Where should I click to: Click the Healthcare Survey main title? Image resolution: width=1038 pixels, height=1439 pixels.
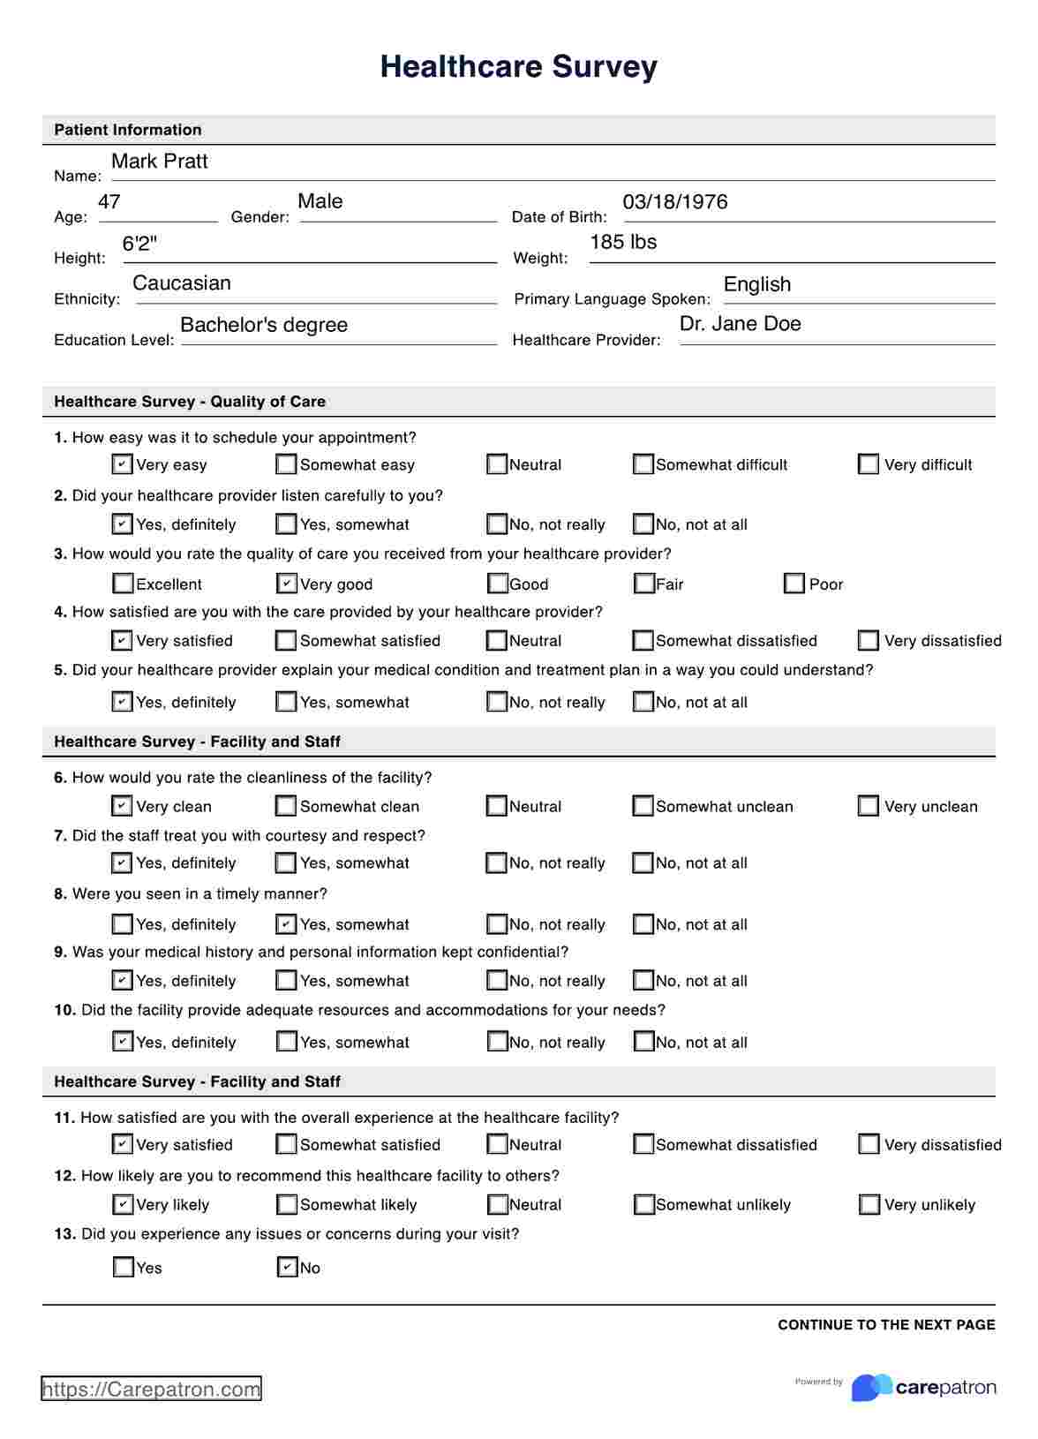[x=518, y=67]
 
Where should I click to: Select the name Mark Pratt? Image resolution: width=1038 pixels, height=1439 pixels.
[x=160, y=162]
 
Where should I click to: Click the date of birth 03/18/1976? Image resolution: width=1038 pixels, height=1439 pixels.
[x=675, y=202]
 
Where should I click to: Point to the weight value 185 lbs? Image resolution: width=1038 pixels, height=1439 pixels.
[x=623, y=242]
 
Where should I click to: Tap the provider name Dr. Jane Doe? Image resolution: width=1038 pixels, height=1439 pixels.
[x=740, y=324]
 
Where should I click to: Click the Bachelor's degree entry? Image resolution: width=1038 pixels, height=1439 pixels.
[x=263, y=325]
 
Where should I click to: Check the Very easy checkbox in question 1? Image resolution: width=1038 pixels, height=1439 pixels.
[x=123, y=464]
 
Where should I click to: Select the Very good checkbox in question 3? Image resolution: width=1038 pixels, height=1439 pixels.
[x=287, y=584]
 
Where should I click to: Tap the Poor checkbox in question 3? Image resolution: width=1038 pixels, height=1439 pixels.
[x=794, y=584]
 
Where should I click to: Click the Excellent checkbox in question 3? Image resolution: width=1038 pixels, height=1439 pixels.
[x=123, y=584]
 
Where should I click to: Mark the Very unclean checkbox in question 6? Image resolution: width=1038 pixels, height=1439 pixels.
[x=869, y=806]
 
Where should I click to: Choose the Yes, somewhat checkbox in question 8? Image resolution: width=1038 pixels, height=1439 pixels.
[x=287, y=924]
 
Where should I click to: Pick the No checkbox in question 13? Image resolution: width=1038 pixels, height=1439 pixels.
[x=287, y=1268]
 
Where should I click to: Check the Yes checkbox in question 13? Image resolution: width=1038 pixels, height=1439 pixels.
[x=124, y=1268]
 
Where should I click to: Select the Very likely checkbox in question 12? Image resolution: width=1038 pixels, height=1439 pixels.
[x=123, y=1204]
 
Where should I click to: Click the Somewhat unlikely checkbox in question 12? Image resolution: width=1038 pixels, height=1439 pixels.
[x=643, y=1204]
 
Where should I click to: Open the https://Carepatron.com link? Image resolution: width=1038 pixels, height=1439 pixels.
[x=151, y=1390]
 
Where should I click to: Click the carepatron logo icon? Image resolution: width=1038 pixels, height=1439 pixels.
[x=871, y=1388]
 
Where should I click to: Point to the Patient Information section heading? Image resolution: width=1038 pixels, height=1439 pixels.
[x=128, y=130]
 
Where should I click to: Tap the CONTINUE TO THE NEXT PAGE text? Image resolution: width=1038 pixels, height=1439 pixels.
[x=886, y=1325]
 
